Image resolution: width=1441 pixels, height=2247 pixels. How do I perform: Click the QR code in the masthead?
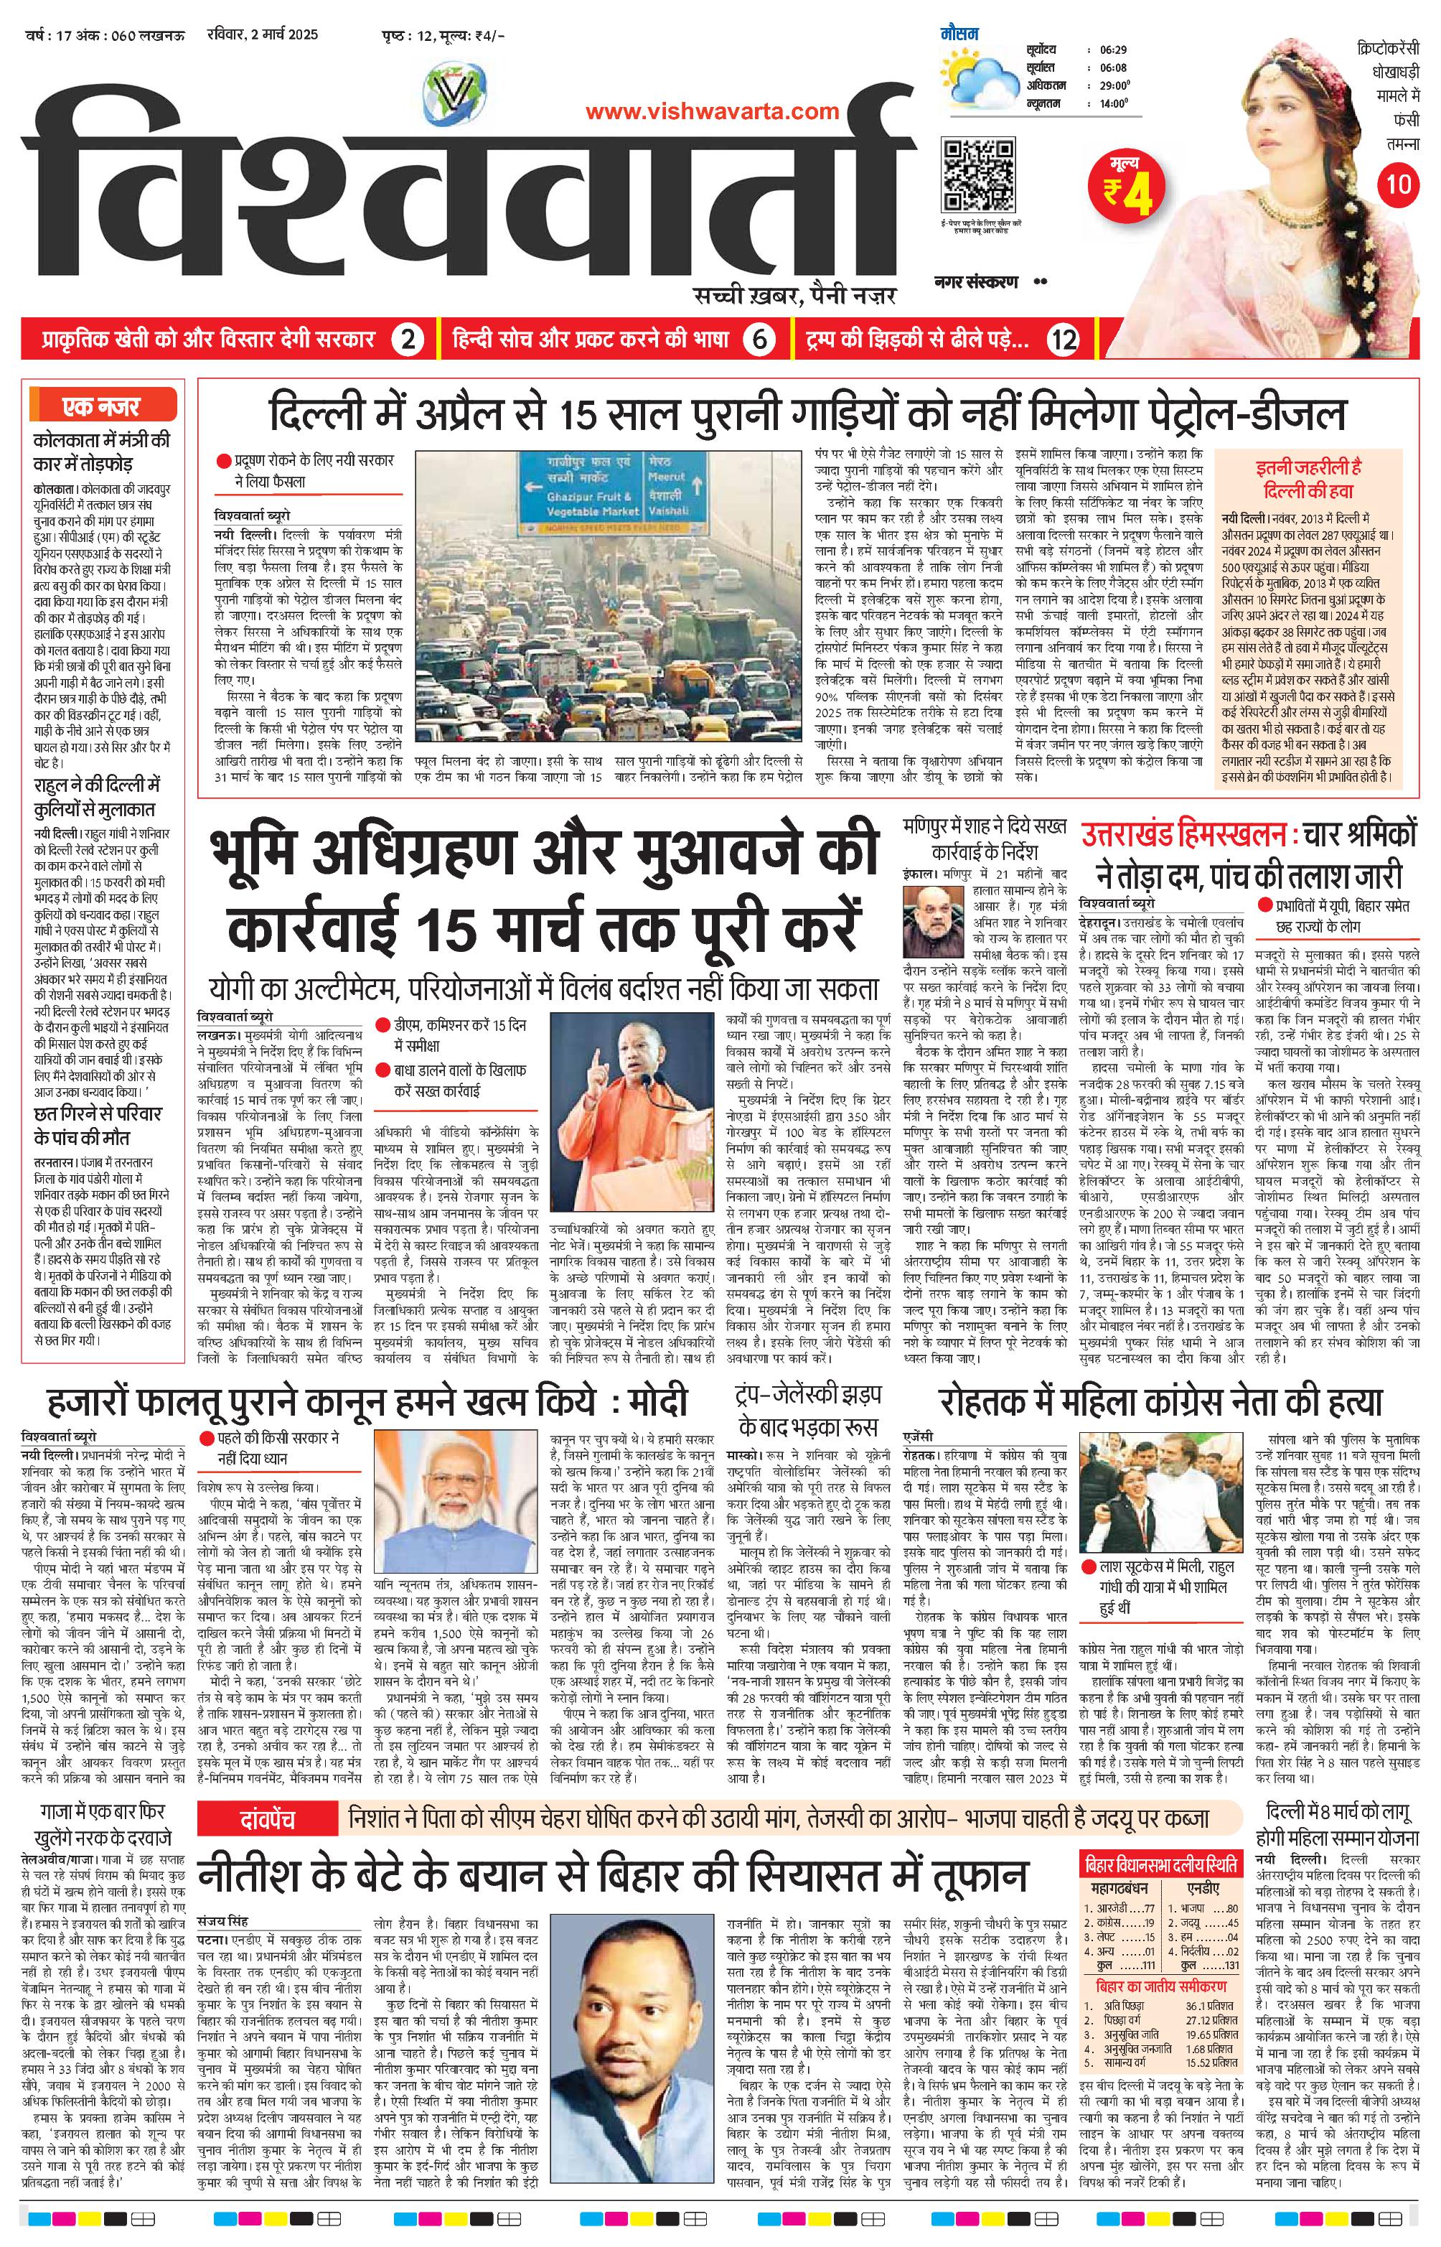click(x=979, y=176)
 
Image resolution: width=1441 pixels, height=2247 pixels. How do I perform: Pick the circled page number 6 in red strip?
click(x=760, y=341)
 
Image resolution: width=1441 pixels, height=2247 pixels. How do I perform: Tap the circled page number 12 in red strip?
click(x=1063, y=341)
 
